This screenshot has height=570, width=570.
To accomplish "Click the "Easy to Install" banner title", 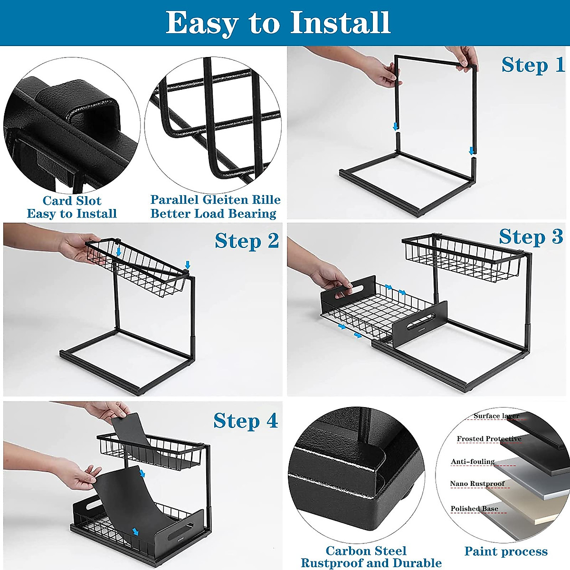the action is click(x=278, y=23).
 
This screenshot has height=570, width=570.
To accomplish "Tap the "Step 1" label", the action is click(x=533, y=65).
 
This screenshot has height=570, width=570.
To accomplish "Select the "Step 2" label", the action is click(x=247, y=241).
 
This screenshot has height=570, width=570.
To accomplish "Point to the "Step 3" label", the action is click(x=531, y=237).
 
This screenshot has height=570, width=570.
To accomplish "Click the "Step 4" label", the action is click(x=246, y=420).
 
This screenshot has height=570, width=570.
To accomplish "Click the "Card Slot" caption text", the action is click(x=72, y=200).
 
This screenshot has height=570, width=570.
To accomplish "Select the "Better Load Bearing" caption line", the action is click(x=214, y=214).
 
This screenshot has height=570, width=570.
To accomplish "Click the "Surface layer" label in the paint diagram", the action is click(x=496, y=416).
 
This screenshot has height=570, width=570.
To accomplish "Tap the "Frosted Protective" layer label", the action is click(x=489, y=439).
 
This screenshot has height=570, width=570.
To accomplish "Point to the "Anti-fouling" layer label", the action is click(x=473, y=462).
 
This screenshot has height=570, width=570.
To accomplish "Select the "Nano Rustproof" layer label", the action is click(x=477, y=484).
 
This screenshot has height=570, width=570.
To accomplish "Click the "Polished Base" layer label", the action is click(x=475, y=509).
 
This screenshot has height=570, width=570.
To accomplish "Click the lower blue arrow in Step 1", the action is click(x=472, y=151).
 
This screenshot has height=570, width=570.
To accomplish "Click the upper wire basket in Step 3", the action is click(x=461, y=257).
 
